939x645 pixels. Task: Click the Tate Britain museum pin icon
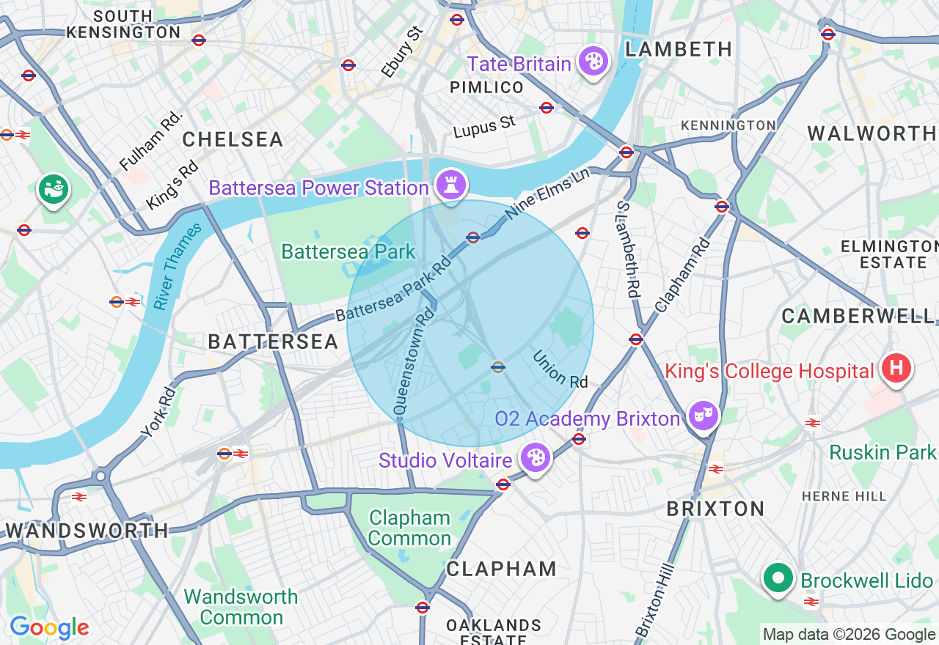pyautogui.click(x=593, y=61)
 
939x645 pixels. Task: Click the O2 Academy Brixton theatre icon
pyautogui.click(x=703, y=416)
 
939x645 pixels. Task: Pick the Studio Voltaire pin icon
pyautogui.click(x=536, y=458)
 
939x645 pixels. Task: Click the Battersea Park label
pyautogui.click(x=348, y=252)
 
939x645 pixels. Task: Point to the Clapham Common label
pyautogui.click(x=409, y=528)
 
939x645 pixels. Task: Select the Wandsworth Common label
pyautogui.click(x=241, y=607)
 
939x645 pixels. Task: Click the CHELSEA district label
pyautogui.click(x=233, y=139)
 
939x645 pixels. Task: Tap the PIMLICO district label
pyautogui.click(x=487, y=88)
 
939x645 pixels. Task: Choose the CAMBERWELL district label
pyautogui.click(x=857, y=316)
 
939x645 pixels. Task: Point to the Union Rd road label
pyautogui.click(x=560, y=369)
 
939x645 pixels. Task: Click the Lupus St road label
pyautogui.click(x=484, y=128)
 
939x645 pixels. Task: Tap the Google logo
pyautogui.click(x=49, y=627)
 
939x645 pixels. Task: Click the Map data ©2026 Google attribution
pyautogui.click(x=849, y=635)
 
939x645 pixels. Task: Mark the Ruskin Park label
pyautogui.click(x=882, y=452)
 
